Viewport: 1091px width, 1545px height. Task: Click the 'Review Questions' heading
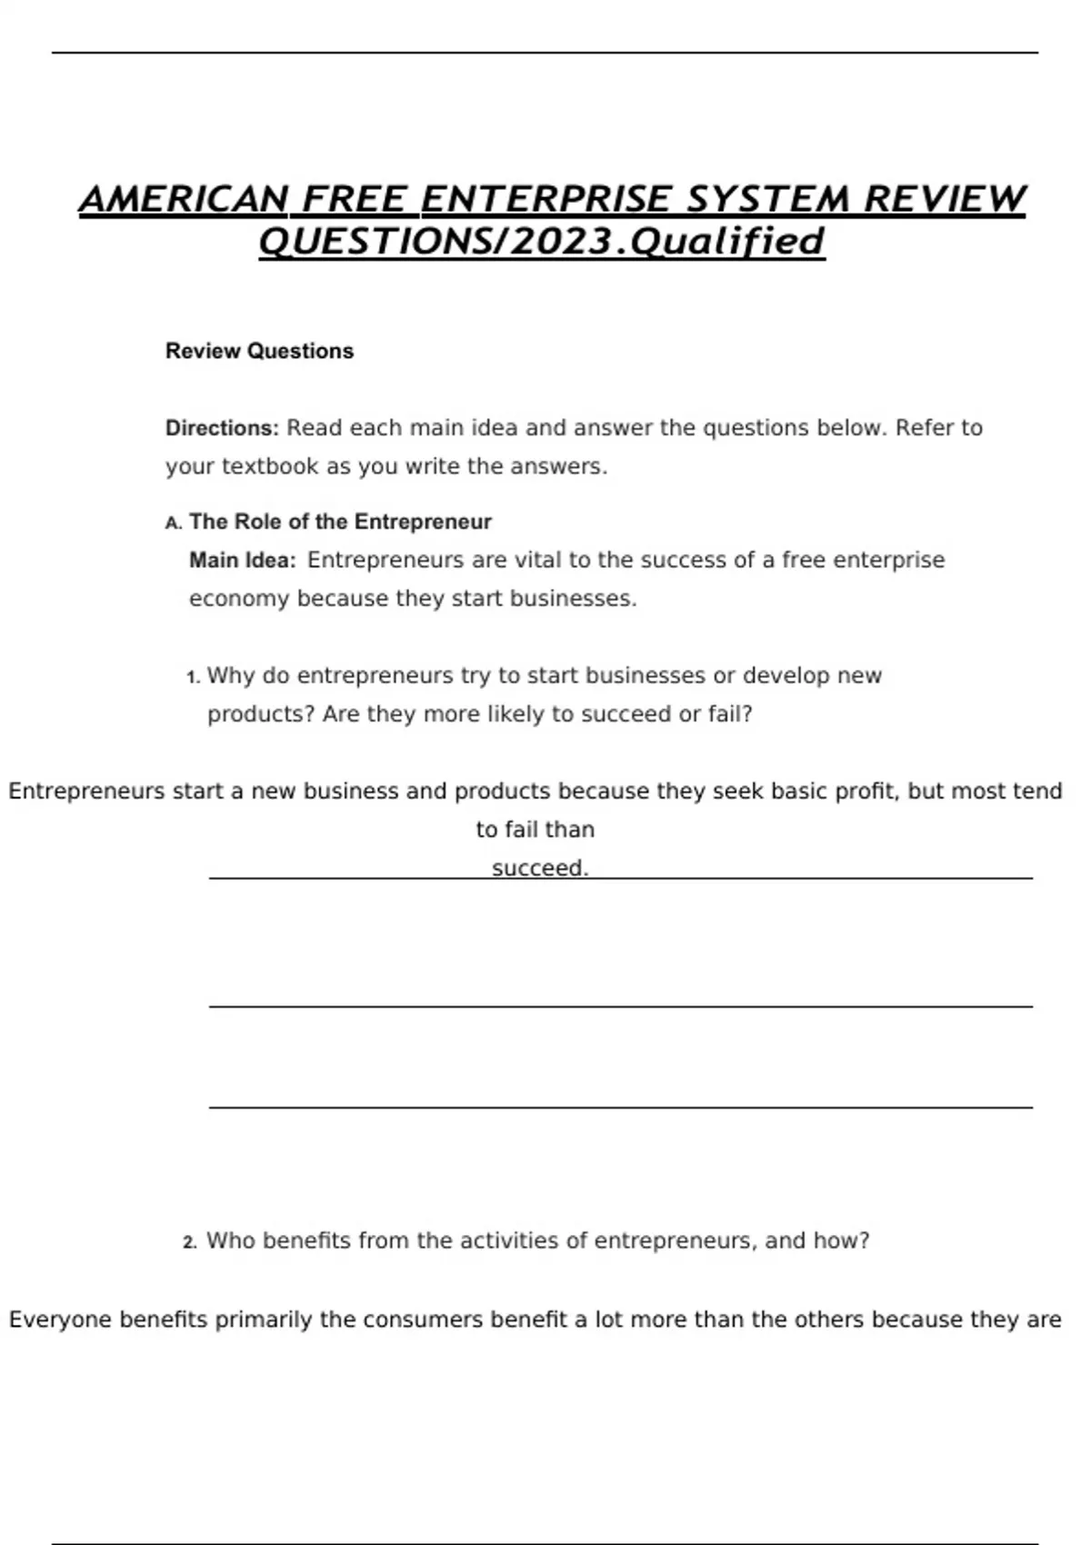(259, 351)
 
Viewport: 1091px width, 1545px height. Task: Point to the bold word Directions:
(222, 428)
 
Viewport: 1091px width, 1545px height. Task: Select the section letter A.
(173, 523)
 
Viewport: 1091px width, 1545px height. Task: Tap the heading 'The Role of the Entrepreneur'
(340, 522)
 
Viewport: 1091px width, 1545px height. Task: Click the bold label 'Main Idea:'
(242, 560)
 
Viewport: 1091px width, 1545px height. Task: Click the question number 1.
(192, 677)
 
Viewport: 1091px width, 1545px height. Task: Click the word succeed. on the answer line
(540, 868)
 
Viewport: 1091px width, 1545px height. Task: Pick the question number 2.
(189, 1242)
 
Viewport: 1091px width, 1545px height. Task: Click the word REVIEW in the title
(945, 200)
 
